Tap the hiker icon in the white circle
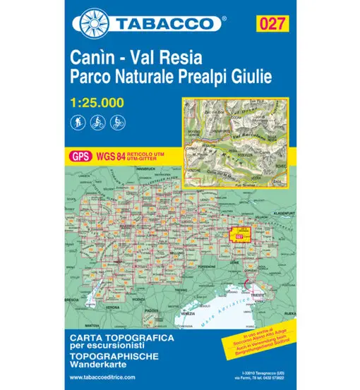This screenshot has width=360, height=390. point(78,121)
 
